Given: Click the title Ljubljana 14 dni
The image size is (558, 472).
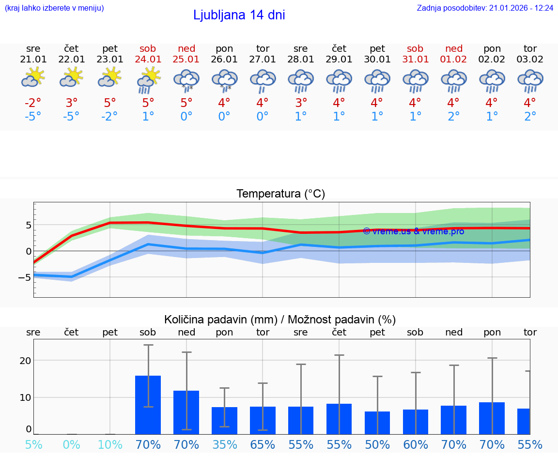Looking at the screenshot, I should point(239,15).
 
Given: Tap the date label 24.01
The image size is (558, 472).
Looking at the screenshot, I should point(148,60).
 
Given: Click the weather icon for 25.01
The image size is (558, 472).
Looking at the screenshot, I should point(186,80).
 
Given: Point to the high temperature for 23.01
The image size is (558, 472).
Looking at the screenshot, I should point(110,103).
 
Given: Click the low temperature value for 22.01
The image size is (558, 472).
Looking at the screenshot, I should point(71,117).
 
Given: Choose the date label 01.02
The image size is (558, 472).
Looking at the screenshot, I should point(454,60).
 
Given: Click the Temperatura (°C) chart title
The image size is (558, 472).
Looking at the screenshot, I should point(280,194).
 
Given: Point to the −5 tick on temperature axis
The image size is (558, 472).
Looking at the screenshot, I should point(24,277).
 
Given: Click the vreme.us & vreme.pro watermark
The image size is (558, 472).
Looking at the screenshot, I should point(413,231).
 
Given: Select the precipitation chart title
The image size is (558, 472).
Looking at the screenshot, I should point(280,320).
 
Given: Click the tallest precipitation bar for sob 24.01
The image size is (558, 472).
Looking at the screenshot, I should point(148,405).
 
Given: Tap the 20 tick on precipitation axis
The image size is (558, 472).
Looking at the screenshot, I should point(25,361).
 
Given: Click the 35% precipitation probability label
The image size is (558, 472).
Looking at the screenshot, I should point(225,444).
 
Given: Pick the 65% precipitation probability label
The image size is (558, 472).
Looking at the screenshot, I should point(263,444).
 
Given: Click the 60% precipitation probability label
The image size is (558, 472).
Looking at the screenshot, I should point(416,444).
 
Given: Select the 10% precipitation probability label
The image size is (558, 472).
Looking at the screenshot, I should point(110,444).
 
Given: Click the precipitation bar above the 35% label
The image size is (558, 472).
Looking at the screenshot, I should point(225,421).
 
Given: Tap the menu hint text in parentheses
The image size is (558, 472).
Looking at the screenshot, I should point(54,8).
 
